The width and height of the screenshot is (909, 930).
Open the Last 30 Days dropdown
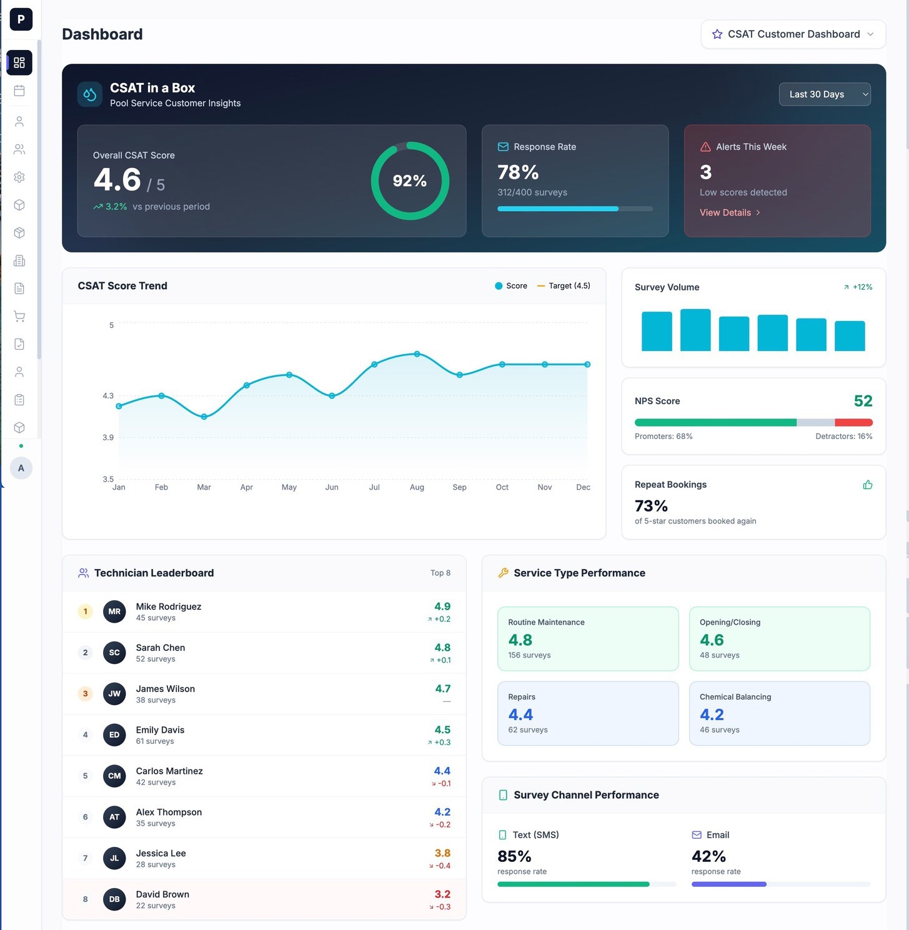(x=824, y=94)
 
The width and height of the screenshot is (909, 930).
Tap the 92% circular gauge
(x=410, y=181)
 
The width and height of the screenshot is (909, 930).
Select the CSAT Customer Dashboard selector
(x=793, y=34)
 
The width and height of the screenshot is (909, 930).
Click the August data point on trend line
(x=417, y=354)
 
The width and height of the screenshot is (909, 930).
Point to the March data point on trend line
(x=204, y=417)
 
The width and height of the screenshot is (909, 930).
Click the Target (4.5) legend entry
(x=564, y=285)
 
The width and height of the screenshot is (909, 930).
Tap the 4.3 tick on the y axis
(x=108, y=395)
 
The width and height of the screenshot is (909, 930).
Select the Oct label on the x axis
(x=502, y=487)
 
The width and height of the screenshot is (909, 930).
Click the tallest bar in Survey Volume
(x=695, y=330)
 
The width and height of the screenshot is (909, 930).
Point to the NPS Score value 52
(x=863, y=401)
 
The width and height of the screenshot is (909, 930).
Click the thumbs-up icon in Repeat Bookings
(x=867, y=485)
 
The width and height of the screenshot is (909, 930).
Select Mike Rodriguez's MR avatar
(x=114, y=611)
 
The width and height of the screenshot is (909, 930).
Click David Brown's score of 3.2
(x=442, y=894)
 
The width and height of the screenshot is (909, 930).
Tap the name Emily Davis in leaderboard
(x=160, y=730)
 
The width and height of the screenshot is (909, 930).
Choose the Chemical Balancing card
(x=779, y=713)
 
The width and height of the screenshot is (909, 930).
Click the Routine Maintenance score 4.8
(x=520, y=640)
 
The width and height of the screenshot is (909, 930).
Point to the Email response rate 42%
(x=708, y=856)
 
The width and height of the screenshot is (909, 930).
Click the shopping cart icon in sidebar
(x=19, y=316)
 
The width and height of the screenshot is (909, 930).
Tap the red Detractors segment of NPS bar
(x=853, y=423)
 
